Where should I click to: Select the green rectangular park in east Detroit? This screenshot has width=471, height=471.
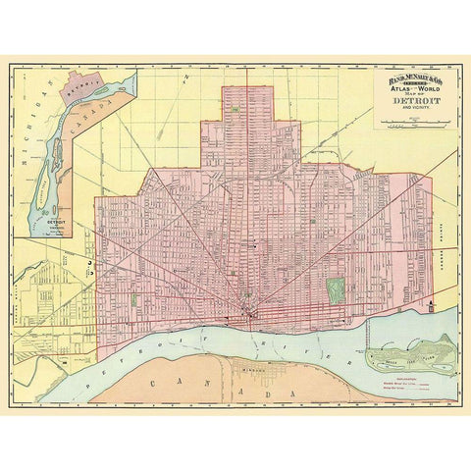tap(336, 290)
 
